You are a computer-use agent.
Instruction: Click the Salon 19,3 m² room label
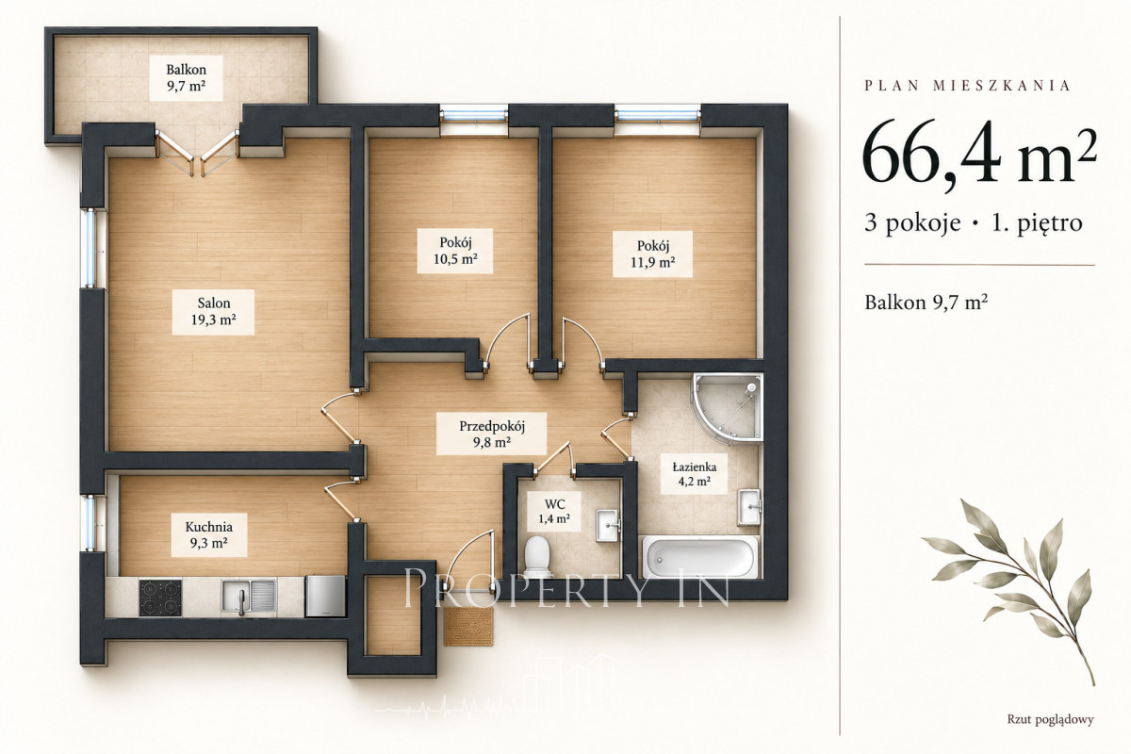pyautogui.click(x=213, y=312)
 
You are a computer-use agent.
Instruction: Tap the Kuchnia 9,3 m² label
pyautogui.click(x=208, y=534)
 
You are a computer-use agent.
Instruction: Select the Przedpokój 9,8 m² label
pyautogui.click(x=491, y=434)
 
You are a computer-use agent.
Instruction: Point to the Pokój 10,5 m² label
pyautogui.click(x=455, y=251)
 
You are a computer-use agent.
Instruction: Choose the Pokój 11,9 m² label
pyautogui.click(x=652, y=254)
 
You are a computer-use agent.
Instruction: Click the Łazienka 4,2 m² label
pyautogui.click(x=695, y=474)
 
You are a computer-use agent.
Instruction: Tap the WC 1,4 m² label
pyautogui.click(x=554, y=511)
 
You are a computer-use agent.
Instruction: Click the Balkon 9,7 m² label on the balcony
pyautogui.click(x=186, y=78)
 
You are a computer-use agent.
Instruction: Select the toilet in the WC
pyautogui.click(x=536, y=556)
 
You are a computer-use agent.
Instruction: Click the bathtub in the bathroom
pyautogui.click(x=699, y=557)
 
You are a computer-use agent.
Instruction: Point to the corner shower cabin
pyautogui.click(x=727, y=409)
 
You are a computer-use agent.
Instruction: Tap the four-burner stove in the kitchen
pyautogui.click(x=160, y=598)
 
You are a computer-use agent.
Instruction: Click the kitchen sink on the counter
pyautogui.click(x=249, y=597)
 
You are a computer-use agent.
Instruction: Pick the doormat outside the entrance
pyautogui.click(x=468, y=626)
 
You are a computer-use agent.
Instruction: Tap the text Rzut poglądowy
pyautogui.click(x=1050, y=719)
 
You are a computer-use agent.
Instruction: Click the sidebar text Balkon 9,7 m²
pyautogui.click(x=926, y=302)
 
